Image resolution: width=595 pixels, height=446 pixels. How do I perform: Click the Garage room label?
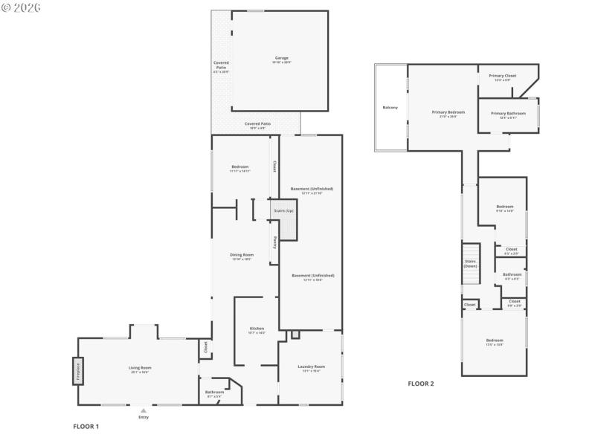pos(281,58)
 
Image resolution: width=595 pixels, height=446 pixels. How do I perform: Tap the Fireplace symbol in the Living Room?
pos(77,370)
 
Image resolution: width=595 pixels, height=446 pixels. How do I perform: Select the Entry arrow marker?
pos(144,410)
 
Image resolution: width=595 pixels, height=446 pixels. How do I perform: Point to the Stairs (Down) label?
pos(470,263)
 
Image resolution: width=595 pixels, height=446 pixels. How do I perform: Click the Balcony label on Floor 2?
pos(390,108)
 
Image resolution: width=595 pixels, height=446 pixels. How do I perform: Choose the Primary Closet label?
pos(502,76)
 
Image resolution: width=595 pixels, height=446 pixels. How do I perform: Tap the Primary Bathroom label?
pos(512,114)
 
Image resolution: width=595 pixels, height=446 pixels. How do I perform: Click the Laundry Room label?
pos(311,366)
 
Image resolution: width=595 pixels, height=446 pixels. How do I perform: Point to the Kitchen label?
pos(256,329)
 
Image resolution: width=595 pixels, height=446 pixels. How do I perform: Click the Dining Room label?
pos(242,255)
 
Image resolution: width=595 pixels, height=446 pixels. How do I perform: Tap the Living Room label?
pos(141,368)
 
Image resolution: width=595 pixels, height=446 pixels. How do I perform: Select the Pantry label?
pos(274,242)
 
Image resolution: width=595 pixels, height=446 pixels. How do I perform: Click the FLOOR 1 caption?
pos(86,427)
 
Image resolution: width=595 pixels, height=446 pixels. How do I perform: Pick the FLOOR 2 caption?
pos(420,384)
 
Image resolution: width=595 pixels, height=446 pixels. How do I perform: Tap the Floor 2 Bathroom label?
pos(512,274)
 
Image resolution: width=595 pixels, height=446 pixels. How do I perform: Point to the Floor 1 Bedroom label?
pos(239,167)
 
